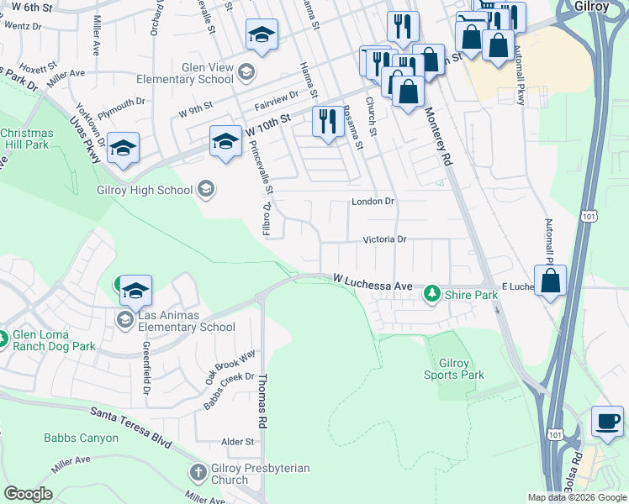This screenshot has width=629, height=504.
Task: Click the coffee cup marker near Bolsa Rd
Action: tap(607, 419)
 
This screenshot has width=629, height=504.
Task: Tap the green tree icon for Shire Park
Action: tap(431, 293)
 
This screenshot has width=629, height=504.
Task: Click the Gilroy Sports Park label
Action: tap(453, 369)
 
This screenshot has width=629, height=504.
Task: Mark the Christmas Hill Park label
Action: tap(25, 139)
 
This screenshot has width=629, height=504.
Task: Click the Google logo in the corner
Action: tap(28, 494)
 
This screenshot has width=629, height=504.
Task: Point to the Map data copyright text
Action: tap(576, 497)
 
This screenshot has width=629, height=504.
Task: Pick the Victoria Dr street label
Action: tap(384, 239)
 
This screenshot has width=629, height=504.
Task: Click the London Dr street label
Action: tap(373, 202)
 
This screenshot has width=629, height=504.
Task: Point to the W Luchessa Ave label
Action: tap(373, 281)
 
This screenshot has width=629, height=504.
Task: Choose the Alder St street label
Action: tap(237, 441)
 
